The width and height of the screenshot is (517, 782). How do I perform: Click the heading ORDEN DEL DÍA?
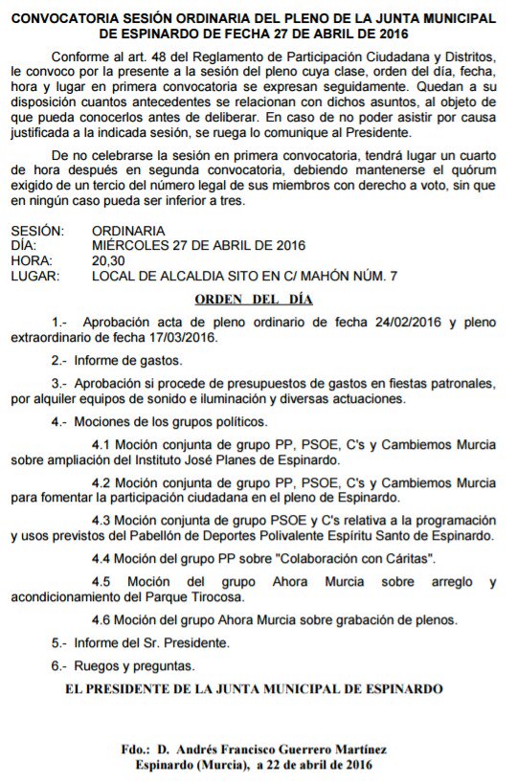(x=254, y=299)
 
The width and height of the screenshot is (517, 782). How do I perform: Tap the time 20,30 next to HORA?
(x=108, y=260)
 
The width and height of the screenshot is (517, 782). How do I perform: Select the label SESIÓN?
(x=37, y=231)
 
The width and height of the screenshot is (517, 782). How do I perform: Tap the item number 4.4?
(x=102, y=558)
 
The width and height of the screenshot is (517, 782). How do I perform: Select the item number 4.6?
(x=102, y=618)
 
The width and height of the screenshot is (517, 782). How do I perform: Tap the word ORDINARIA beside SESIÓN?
(x=128, y=231)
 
